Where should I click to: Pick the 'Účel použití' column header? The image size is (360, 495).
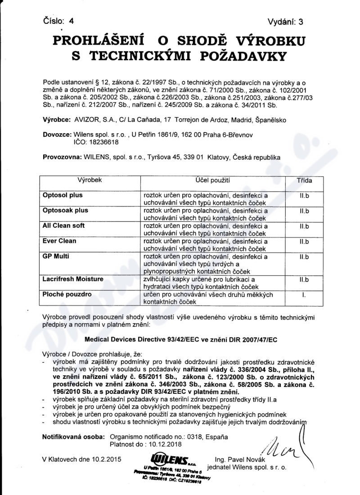(213, 180)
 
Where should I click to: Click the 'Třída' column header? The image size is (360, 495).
(304, 180)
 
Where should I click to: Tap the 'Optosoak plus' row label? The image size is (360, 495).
(65, 210)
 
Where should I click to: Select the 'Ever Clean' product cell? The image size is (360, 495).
(59, 241)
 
